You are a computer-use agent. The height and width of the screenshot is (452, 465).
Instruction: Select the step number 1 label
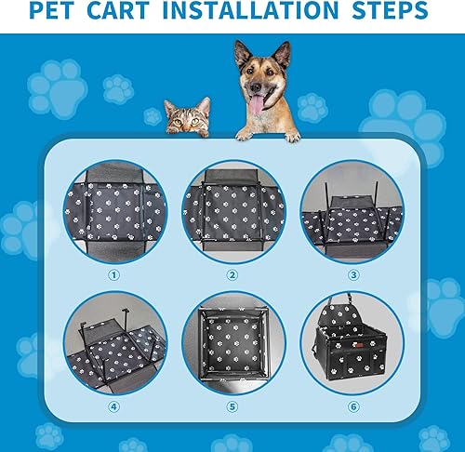pos(113,274)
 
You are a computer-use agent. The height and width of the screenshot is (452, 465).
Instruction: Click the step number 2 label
pos(232,274)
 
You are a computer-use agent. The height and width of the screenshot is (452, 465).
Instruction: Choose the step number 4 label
pos(113,405)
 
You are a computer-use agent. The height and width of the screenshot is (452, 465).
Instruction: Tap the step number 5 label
pos(232,405)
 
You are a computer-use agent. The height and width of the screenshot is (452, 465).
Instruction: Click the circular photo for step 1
pos(113,212)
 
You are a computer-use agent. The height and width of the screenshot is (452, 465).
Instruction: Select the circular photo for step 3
pos(352,212)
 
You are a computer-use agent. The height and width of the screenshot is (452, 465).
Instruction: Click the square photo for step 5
pos(232,344)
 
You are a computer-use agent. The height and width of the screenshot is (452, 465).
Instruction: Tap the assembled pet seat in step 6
pos(352,346)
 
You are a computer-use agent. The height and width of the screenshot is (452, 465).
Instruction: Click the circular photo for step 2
pos(232,212)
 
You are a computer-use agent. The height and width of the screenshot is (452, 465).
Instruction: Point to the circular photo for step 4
pos(113,344)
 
